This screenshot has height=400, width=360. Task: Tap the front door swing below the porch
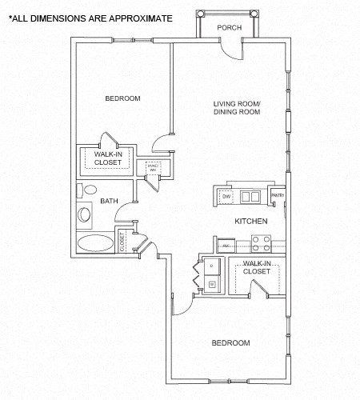(231, 50)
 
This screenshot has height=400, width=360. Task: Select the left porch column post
(201, 14)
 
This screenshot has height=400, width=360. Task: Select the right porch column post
(254, 14)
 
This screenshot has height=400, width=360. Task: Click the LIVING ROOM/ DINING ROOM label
(237, 108)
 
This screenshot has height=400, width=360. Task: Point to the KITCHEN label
(250, 221)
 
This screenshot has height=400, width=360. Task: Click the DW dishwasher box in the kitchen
(226, 196)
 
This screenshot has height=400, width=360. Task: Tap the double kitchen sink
(250, 196)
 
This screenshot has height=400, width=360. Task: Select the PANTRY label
(278, 195)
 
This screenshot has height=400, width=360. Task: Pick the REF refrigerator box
(226, 246)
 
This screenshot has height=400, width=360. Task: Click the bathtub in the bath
(96, 243)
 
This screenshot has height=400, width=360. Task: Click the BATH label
(109, 201)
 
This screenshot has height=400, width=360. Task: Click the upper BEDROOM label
(122, 98)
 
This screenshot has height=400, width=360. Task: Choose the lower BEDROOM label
(230, 342)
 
